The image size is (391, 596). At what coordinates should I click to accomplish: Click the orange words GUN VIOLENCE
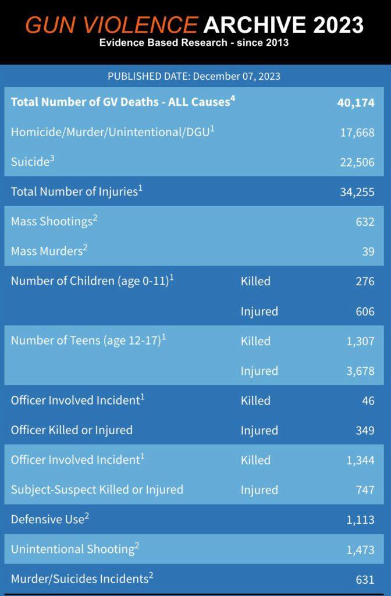tap(111, 25)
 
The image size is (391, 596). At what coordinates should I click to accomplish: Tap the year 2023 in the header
tap(338, 25)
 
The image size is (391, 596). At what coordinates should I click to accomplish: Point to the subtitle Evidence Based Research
tap(163, 42)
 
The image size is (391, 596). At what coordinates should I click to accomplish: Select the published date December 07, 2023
tap(236, 76)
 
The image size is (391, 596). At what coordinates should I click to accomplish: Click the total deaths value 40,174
tap(356, 102)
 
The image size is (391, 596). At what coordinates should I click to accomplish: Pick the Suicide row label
tap(33, 161)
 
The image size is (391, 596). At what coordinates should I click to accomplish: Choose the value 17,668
tap(357, 132)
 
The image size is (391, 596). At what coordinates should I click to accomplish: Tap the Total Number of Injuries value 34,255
tap(357, 192)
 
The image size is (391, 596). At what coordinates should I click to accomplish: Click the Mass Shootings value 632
tap(365, 222)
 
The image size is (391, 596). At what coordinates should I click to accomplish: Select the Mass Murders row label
tap(49, 250)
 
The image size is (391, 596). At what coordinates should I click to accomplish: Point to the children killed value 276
tap(365, 281)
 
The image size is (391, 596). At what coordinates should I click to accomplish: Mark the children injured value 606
tap(365, 311)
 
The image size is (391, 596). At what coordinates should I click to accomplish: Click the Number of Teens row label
tap(88, 340)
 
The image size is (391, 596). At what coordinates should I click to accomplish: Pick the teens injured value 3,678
tap(360, 371)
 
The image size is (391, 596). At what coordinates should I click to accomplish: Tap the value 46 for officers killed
tap(368, 400)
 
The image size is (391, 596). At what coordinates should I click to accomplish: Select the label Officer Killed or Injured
tap(72, 430)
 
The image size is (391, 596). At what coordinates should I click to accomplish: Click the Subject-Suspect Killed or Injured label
tap(97, 489)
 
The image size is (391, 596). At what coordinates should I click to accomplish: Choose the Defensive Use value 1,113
tap(360, 520)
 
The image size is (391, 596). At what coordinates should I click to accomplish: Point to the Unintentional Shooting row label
tap(75, 549)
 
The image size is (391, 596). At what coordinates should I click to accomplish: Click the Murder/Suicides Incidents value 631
tap(365, 579)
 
